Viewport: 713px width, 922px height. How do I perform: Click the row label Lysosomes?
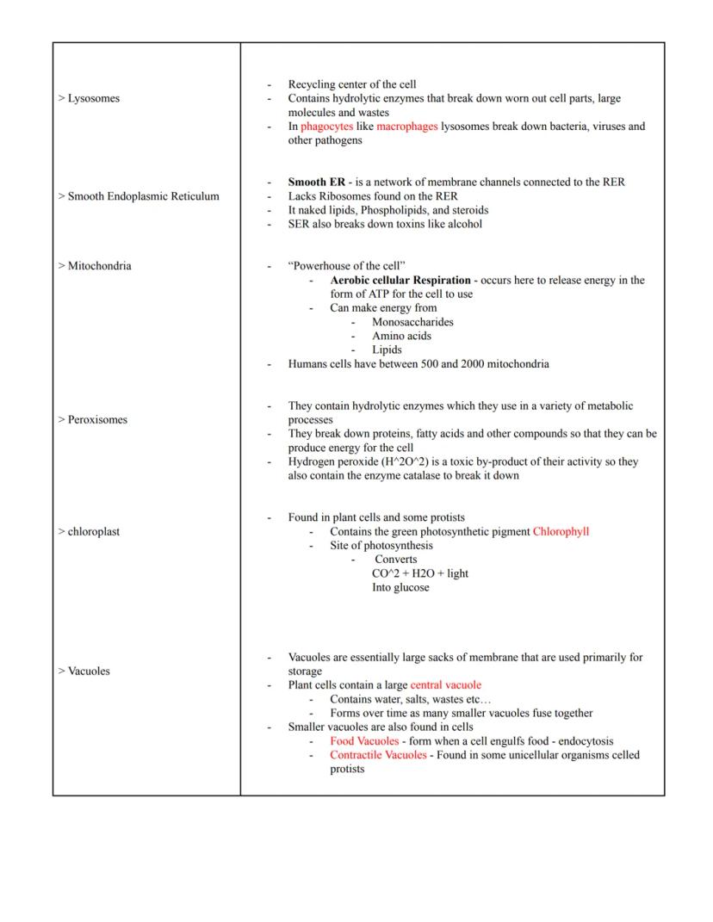[90, 98]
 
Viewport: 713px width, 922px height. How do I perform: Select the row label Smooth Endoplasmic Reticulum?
[139, 196]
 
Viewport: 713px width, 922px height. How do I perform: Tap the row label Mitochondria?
[95, 266]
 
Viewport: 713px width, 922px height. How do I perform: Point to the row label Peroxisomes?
[93, 420]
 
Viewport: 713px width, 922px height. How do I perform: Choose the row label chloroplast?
[90, 532]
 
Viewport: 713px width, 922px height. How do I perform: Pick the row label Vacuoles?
[84, 671]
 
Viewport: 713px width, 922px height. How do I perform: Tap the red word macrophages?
[406, 127]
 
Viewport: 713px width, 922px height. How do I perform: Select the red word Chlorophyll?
[561, 532]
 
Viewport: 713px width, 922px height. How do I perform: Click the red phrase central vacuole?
[446, 685]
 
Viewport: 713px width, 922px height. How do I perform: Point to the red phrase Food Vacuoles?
[364, 741]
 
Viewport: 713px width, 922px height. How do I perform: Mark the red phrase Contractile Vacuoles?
[378, 755]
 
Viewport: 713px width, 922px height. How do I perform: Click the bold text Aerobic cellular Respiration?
[400, 281]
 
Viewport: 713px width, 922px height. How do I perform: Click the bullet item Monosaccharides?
[412, 322]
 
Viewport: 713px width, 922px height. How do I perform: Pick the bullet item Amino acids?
[401, 336]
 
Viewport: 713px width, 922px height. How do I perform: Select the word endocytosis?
[585, 741]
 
